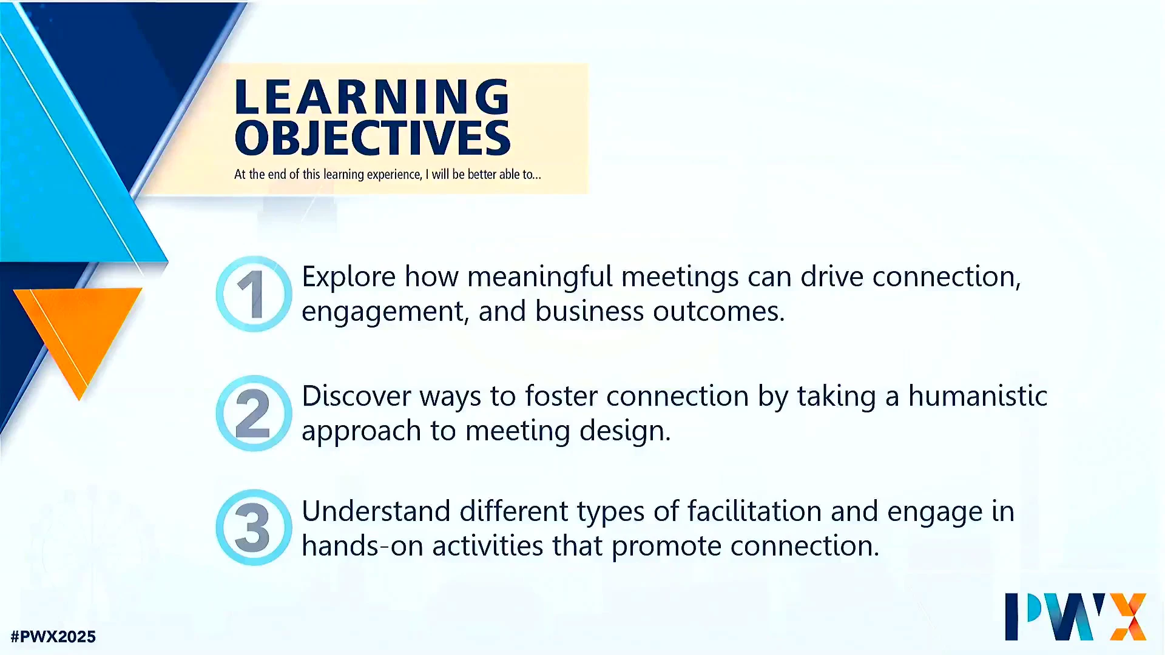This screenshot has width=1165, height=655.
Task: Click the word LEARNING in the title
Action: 372,96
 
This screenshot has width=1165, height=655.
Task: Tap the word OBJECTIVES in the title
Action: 373,138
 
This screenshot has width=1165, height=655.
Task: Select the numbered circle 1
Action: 254,294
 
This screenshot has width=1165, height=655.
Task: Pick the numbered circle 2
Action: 254,413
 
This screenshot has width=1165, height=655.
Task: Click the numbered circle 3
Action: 254,528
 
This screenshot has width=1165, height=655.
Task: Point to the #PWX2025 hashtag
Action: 53,637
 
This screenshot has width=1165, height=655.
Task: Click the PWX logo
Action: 1076,616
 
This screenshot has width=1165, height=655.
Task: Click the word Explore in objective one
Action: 349,277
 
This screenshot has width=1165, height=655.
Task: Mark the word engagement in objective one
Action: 385,312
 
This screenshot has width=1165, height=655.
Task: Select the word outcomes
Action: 719,311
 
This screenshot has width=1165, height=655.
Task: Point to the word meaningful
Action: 540,277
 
